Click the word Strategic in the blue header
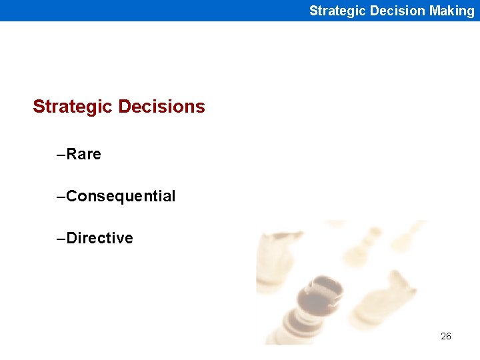click(x=335, y=11)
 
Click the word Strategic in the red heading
click(x=73, y=107)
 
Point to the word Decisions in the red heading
click(x=161, y=107)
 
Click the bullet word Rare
click(x=84, y=154)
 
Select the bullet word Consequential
click(x=121, y=196)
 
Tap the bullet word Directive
click(x=100, y=238)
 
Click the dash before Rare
click(x=61, y=155)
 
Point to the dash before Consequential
click(x=61, y=197)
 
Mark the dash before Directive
click(x=61, y=239)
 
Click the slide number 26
click(x=446, y=336)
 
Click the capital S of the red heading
click(x=39, y=107)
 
